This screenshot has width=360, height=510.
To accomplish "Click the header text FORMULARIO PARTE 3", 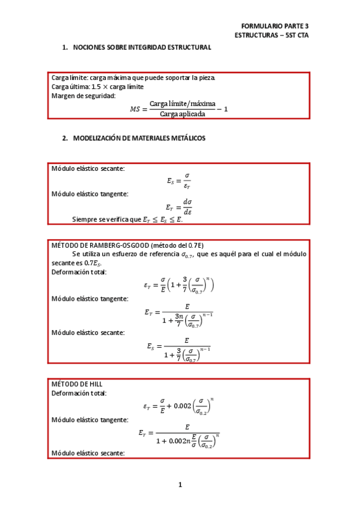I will click(x=274, y=26).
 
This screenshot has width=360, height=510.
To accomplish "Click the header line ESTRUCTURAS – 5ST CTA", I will click(x=271, y=35).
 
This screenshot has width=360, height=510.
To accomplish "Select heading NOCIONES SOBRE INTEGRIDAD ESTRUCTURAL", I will click(x=142, y=48).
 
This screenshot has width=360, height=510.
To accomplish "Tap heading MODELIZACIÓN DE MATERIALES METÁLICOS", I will click(x=139, y=138).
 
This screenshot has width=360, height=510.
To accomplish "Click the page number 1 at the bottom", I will click(x=180, y=485).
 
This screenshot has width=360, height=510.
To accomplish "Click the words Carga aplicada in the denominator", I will click(x=182, y=114).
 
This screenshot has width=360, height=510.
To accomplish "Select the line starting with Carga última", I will click(x=97, y=87).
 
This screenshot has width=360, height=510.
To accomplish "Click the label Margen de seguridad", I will click(x=84, y=96).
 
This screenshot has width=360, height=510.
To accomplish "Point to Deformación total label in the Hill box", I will click(x=79, y=393).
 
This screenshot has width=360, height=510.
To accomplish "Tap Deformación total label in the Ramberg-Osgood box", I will click(x=79, y=272).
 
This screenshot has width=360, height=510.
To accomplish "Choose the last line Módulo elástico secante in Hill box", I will click(x=88, y=452).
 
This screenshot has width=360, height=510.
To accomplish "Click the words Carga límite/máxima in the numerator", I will click(x=182, y=104).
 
